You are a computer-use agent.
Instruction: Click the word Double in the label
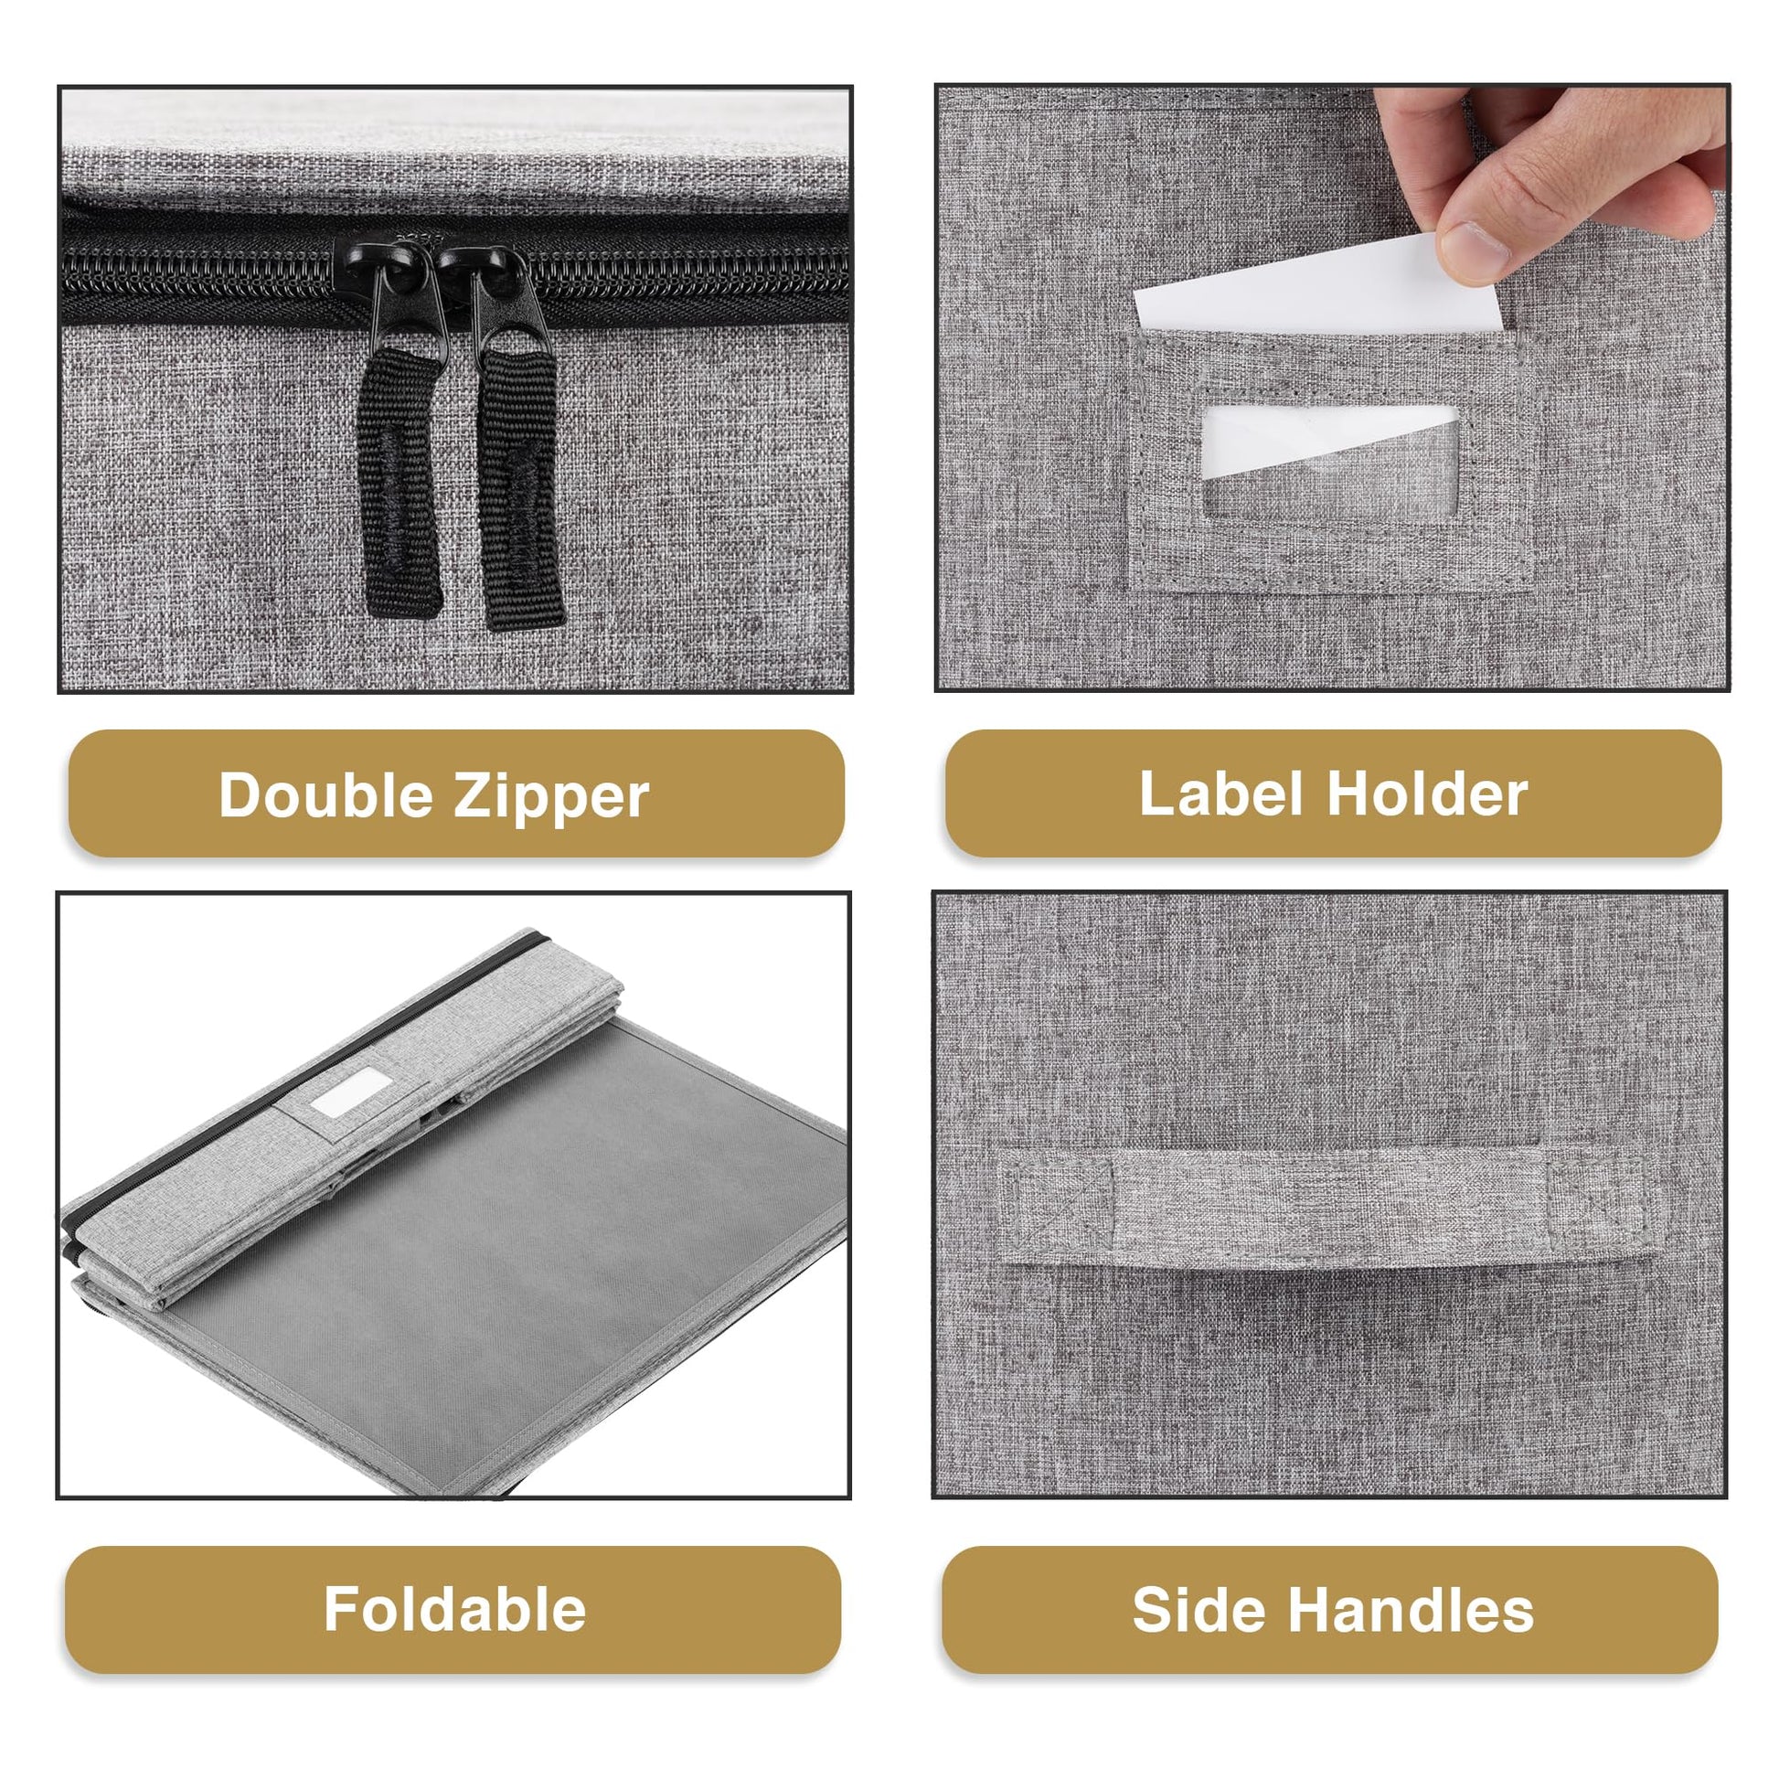(324, 794)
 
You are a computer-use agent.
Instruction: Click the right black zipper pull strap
(518, 488)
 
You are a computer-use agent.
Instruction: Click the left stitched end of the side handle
(1057, 1204)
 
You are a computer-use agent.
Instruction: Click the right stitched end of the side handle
(1598, 1197)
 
